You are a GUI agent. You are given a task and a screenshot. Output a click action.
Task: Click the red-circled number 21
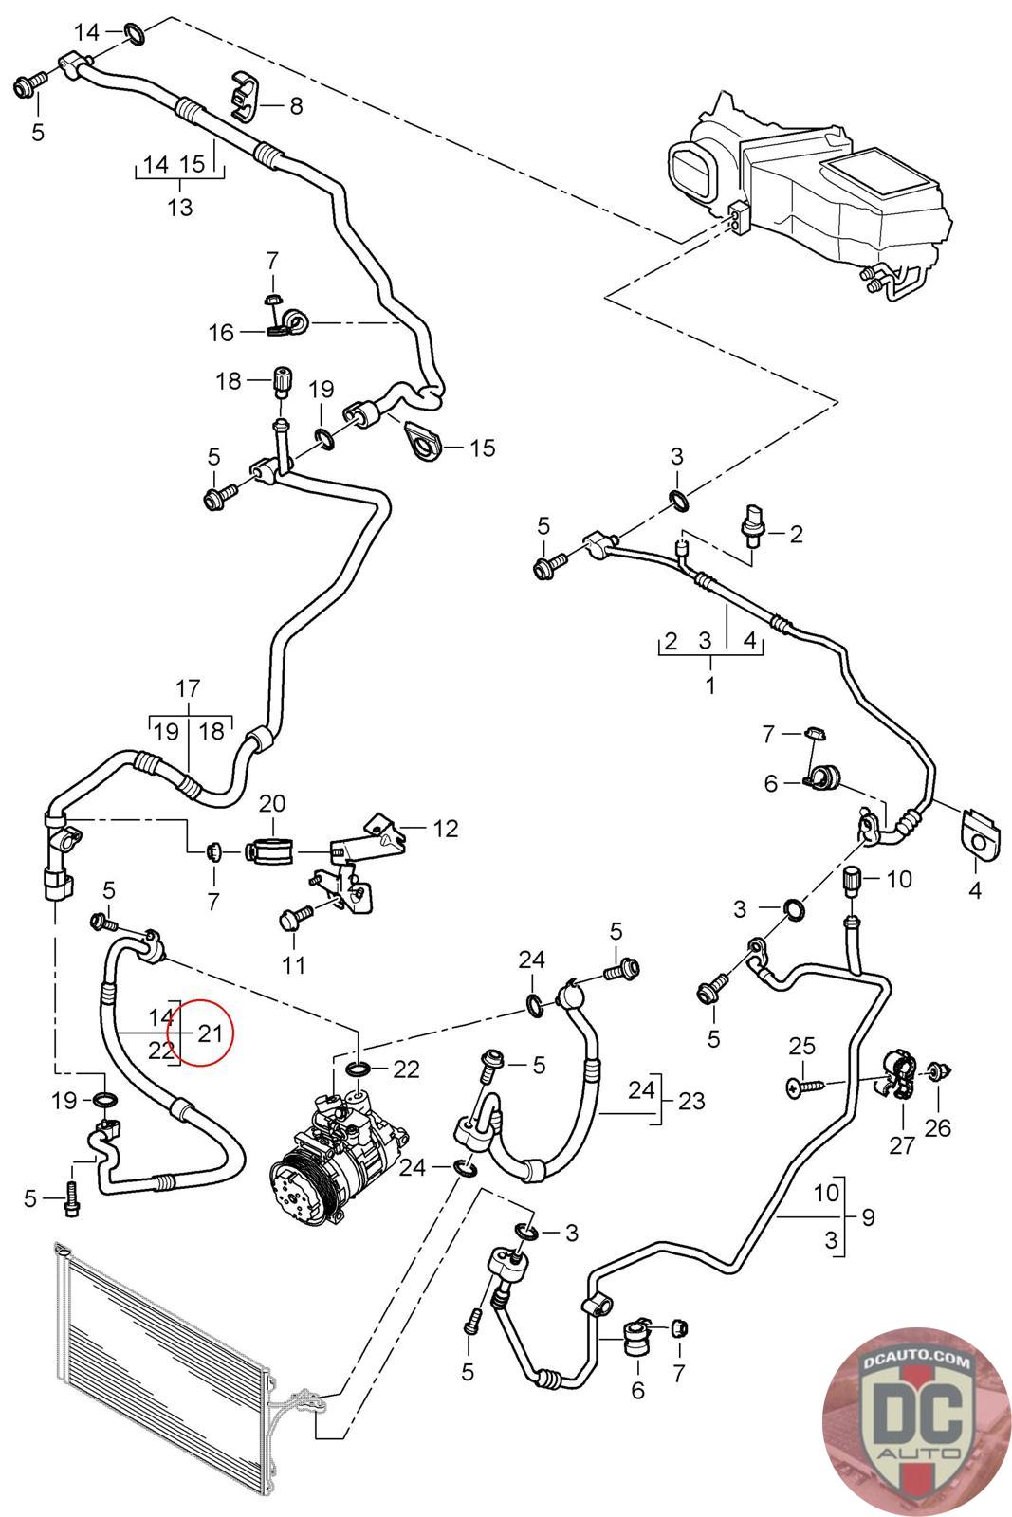[x=210, y=1033]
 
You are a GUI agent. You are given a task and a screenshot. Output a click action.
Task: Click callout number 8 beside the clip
[x=296, y=105]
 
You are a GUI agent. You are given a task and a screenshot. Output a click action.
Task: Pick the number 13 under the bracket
[x=179, y=206]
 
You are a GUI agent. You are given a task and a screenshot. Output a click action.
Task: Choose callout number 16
[x=220, y=332]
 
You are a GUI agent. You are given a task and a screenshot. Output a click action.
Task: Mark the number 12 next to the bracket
[x=445, y=829]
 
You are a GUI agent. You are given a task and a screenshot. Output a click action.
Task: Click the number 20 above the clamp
[x=272, y=803]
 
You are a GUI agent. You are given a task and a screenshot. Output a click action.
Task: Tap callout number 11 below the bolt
[x=294, y=965]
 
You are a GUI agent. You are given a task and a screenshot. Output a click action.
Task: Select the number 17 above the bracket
[x=189, y=687]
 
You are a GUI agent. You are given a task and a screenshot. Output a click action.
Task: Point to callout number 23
[x=692, y=1101]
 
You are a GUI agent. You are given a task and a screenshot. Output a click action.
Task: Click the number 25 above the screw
[x=801, y=1046]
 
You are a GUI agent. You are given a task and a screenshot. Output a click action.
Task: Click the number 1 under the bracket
[x=710, y=684]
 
